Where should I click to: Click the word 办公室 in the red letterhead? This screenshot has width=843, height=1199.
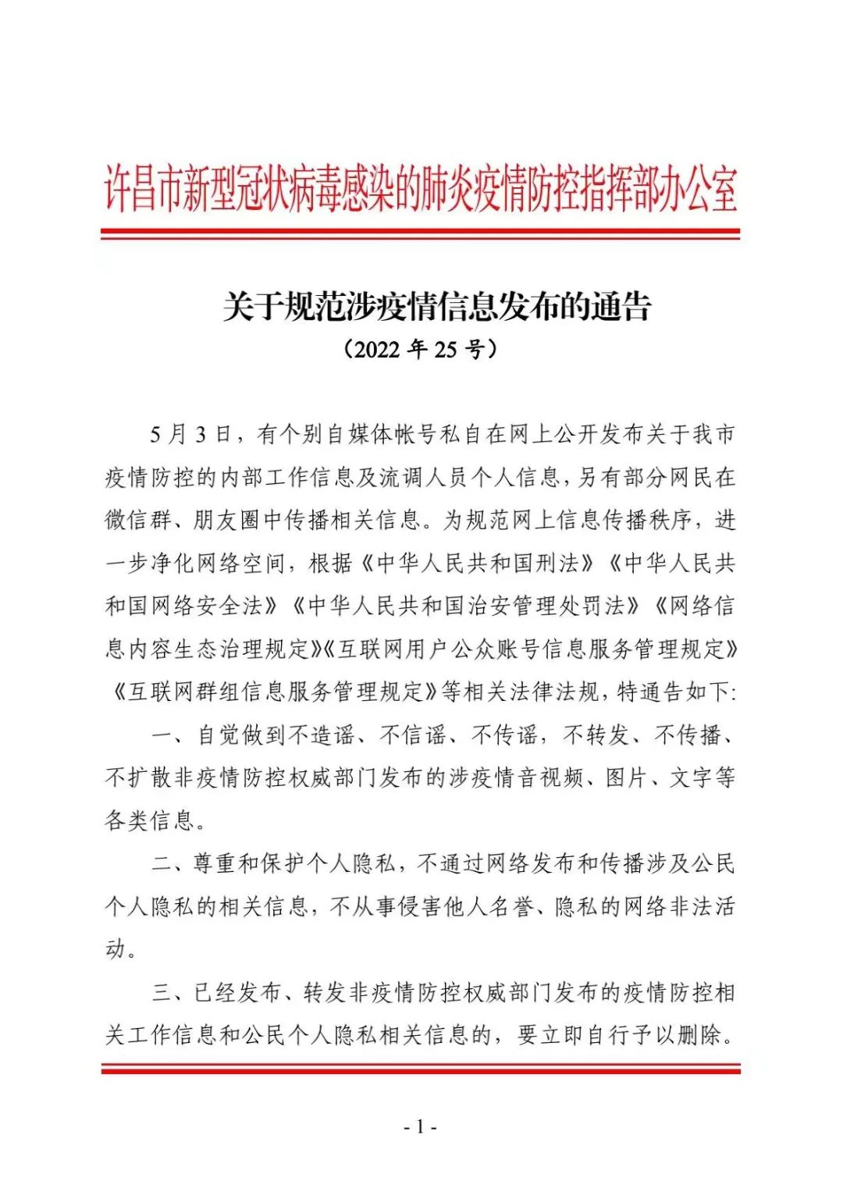[x=698, y=190]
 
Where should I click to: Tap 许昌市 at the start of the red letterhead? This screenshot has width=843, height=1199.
[x=144, y=190]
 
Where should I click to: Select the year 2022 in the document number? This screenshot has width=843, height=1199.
[x=376, y=349]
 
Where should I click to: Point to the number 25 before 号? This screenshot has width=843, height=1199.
[x=445, y=349]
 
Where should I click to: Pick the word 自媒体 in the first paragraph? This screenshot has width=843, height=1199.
[x=359, y=434]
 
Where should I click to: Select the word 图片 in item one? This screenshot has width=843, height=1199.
[x=627, y=777]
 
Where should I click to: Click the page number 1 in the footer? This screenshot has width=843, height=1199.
[x=420, y=1126]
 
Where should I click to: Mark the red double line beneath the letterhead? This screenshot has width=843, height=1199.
[x=420, y=233]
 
